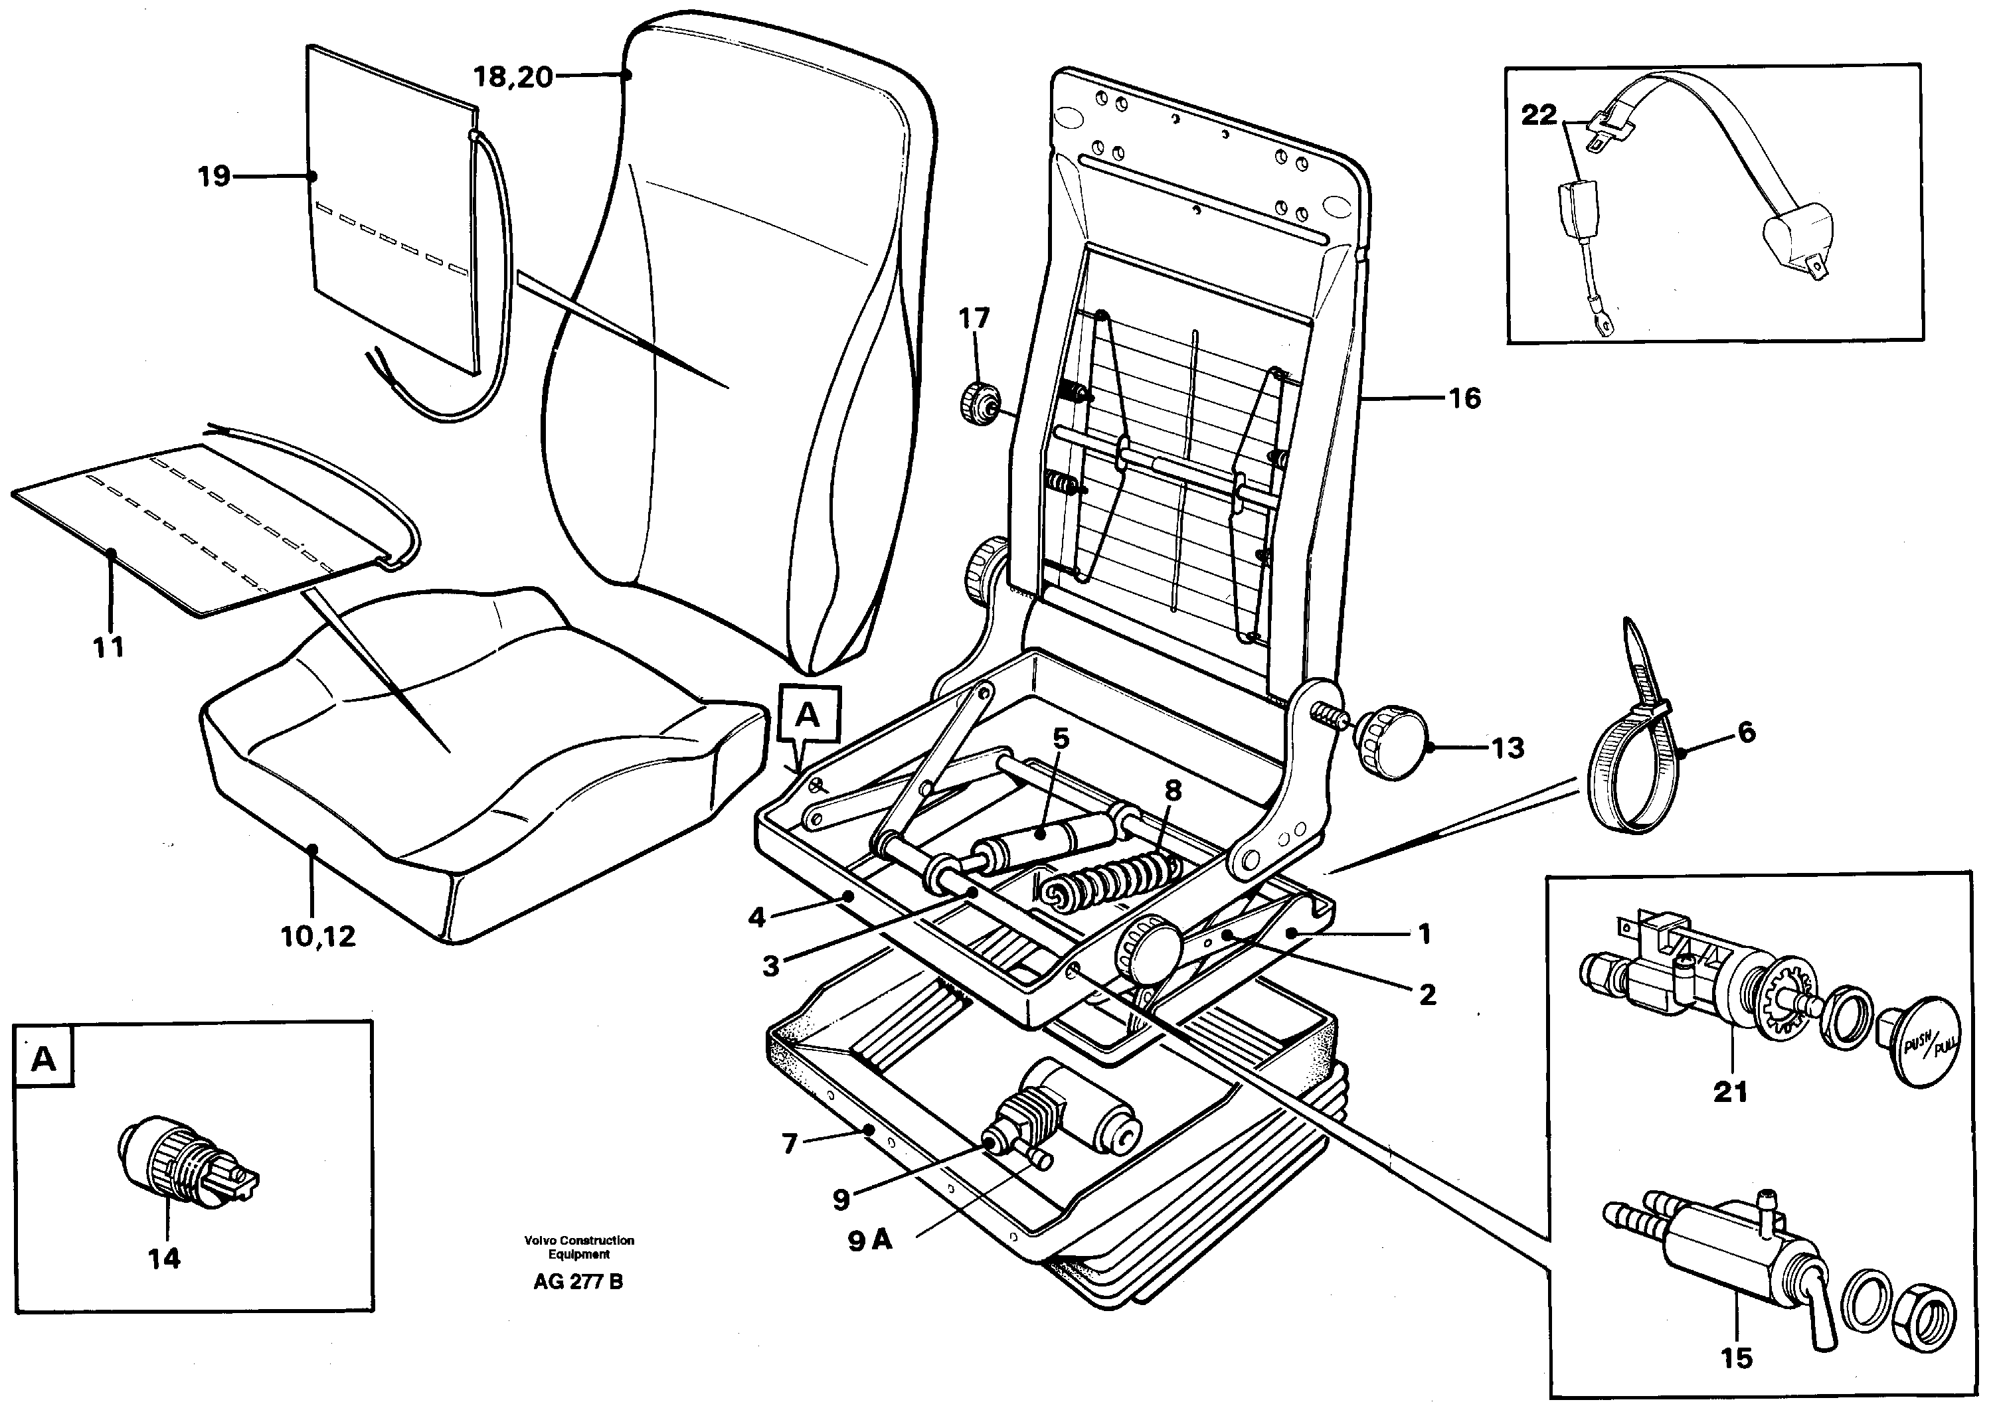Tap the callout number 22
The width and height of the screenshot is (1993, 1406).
(x=1539, y=116)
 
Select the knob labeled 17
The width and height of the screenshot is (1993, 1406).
(x=978, y=404)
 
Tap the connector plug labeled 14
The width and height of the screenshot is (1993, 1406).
(x=187, y=1162)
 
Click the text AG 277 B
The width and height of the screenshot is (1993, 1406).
(x=578, y=1282)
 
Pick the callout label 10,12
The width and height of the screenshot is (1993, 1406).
(x=319, y=937)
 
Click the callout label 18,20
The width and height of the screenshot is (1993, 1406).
(x=512, y=77)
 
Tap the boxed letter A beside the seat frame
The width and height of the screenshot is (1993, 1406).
(x=808, y=715)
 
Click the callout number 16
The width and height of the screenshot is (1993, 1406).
(x=1464, y=398)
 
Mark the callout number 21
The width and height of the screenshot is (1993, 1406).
(x=1729, y=1092)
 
